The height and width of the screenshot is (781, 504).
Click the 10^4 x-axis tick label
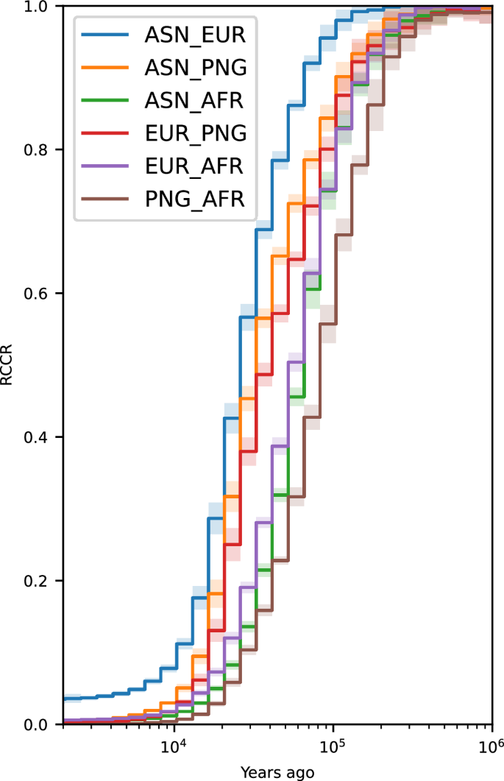pos(174,748)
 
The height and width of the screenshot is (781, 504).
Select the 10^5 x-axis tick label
pos(333,748)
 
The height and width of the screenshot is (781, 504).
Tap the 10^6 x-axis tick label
pos(492,748)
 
